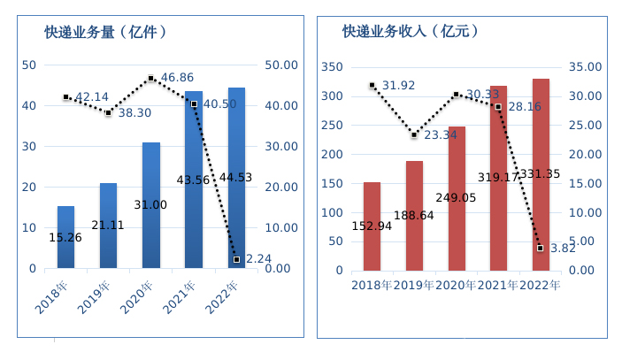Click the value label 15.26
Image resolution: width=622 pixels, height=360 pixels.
click(65, 238)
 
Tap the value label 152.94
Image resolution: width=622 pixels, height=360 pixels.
click(372, 226)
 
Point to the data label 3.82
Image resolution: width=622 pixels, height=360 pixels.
click(560, 249)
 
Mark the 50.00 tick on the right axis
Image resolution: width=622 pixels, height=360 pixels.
click(282, 65)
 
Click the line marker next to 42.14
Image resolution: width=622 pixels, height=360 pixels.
click(66, 96)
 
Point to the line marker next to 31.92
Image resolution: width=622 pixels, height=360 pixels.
click(372, 85)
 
